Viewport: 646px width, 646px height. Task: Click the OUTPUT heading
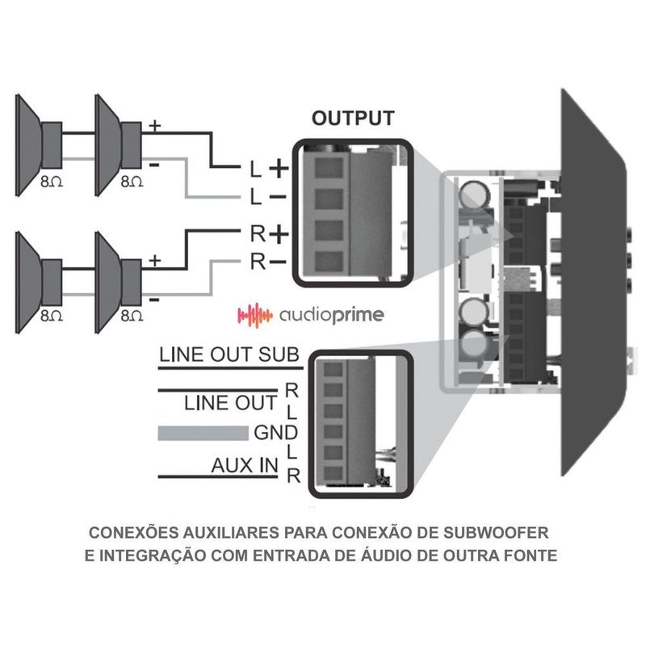click(x=353, y=120)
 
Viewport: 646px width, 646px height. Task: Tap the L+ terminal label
click(x=266, y=170)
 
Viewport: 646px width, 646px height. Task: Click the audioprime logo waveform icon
click(x=252, y=313)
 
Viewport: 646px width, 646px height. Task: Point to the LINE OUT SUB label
click(x=229, y=354)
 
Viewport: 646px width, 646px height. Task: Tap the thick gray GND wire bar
click(x=202, y=433)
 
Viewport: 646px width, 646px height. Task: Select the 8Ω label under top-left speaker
click(x=50, y=182)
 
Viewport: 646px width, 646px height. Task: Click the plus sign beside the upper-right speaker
click(x=155, y=126)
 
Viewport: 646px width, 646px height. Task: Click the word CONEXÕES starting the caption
click(x=133, y=534)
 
